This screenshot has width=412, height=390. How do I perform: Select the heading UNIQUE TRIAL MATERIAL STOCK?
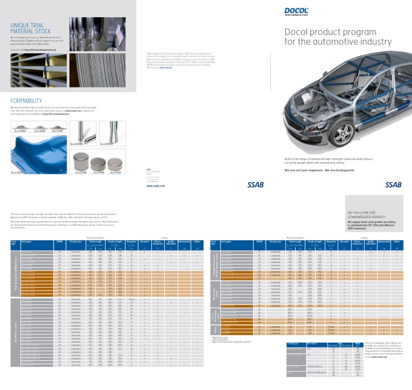tap(31, 28)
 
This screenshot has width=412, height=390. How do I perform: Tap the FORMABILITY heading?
tap(26, 100)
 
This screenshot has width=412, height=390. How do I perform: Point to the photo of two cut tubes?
tap(83, 133)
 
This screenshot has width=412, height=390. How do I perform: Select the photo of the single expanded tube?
tap(113, 133)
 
